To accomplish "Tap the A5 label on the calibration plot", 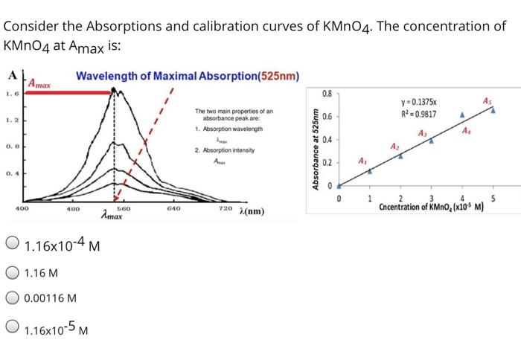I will (x=486, y=100).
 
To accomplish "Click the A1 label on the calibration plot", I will (x=362, y=161).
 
